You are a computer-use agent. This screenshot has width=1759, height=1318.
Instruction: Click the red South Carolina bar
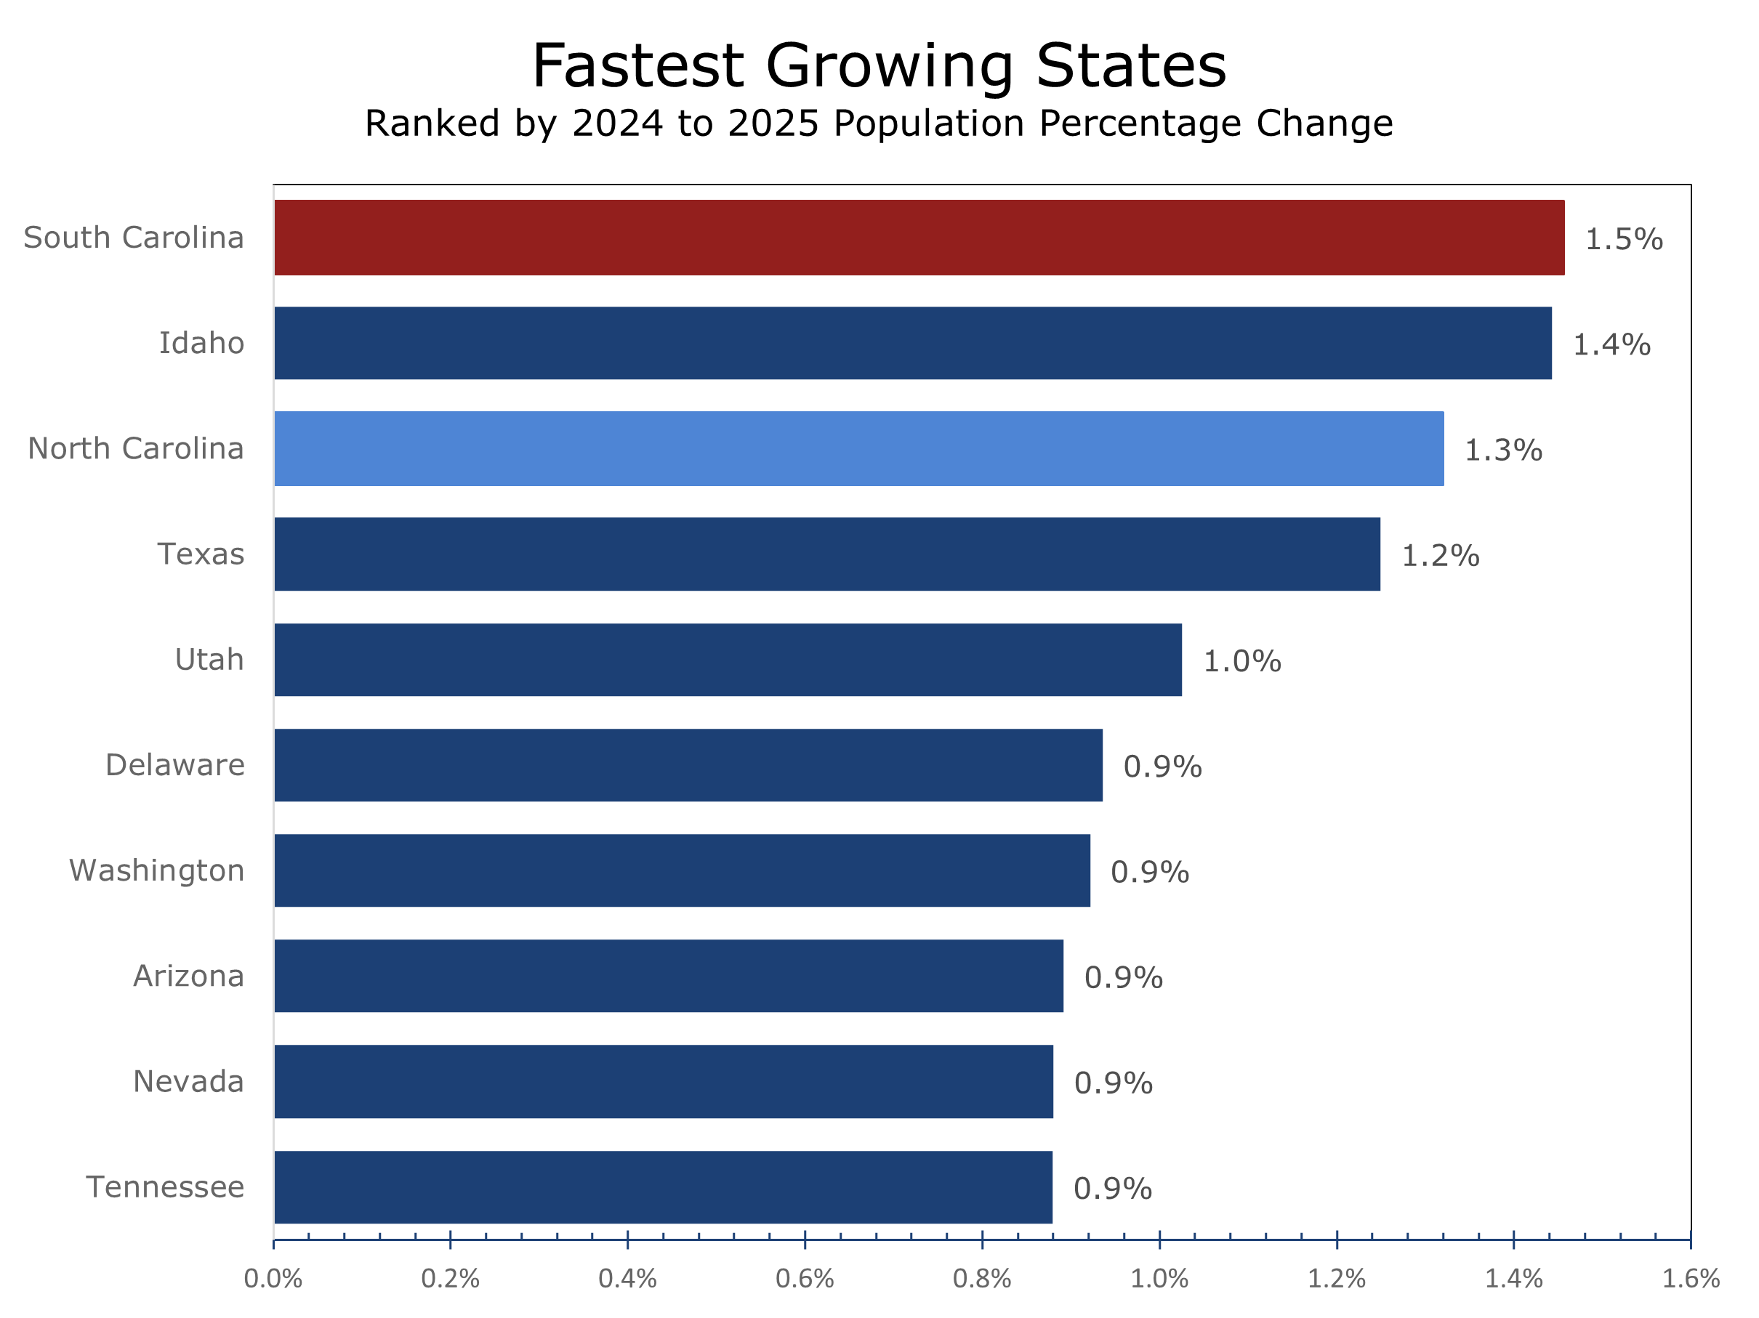tap(919, 238)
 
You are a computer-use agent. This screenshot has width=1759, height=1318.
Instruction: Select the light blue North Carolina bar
tap(859, 448)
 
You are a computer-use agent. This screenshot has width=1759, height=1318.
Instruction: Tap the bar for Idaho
tap(913, 343)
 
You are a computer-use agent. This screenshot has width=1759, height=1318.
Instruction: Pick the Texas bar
tap(827, 554)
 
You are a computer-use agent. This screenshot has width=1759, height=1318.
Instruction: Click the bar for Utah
tap(728, 660)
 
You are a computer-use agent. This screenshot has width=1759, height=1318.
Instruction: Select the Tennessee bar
tap(663, 1186)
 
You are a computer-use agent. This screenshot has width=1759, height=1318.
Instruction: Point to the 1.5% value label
tap(1624, 239)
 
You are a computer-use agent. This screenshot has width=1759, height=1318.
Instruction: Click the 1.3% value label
tap(1503, 450)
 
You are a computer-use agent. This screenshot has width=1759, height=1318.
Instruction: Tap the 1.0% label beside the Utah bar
tap(1242, 661)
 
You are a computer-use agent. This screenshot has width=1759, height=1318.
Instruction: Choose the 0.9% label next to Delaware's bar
tap(1162, 767)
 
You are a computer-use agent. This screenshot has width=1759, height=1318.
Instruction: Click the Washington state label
tap(157, 870)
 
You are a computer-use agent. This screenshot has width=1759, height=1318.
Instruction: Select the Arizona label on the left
tap(188, 977)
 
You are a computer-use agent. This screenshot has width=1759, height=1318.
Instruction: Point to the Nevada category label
tap(188, 1082)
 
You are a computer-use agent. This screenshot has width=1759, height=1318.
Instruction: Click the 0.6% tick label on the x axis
tap(805, 1279)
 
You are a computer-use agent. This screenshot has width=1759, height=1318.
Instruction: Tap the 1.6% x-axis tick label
tap(1691, 1279)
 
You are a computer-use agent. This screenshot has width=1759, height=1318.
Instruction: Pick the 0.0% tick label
tap(273, 1279)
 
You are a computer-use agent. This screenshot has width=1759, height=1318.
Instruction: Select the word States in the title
tap(1131, 66)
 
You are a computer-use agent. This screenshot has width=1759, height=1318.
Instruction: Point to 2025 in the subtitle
tap(773, 124)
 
